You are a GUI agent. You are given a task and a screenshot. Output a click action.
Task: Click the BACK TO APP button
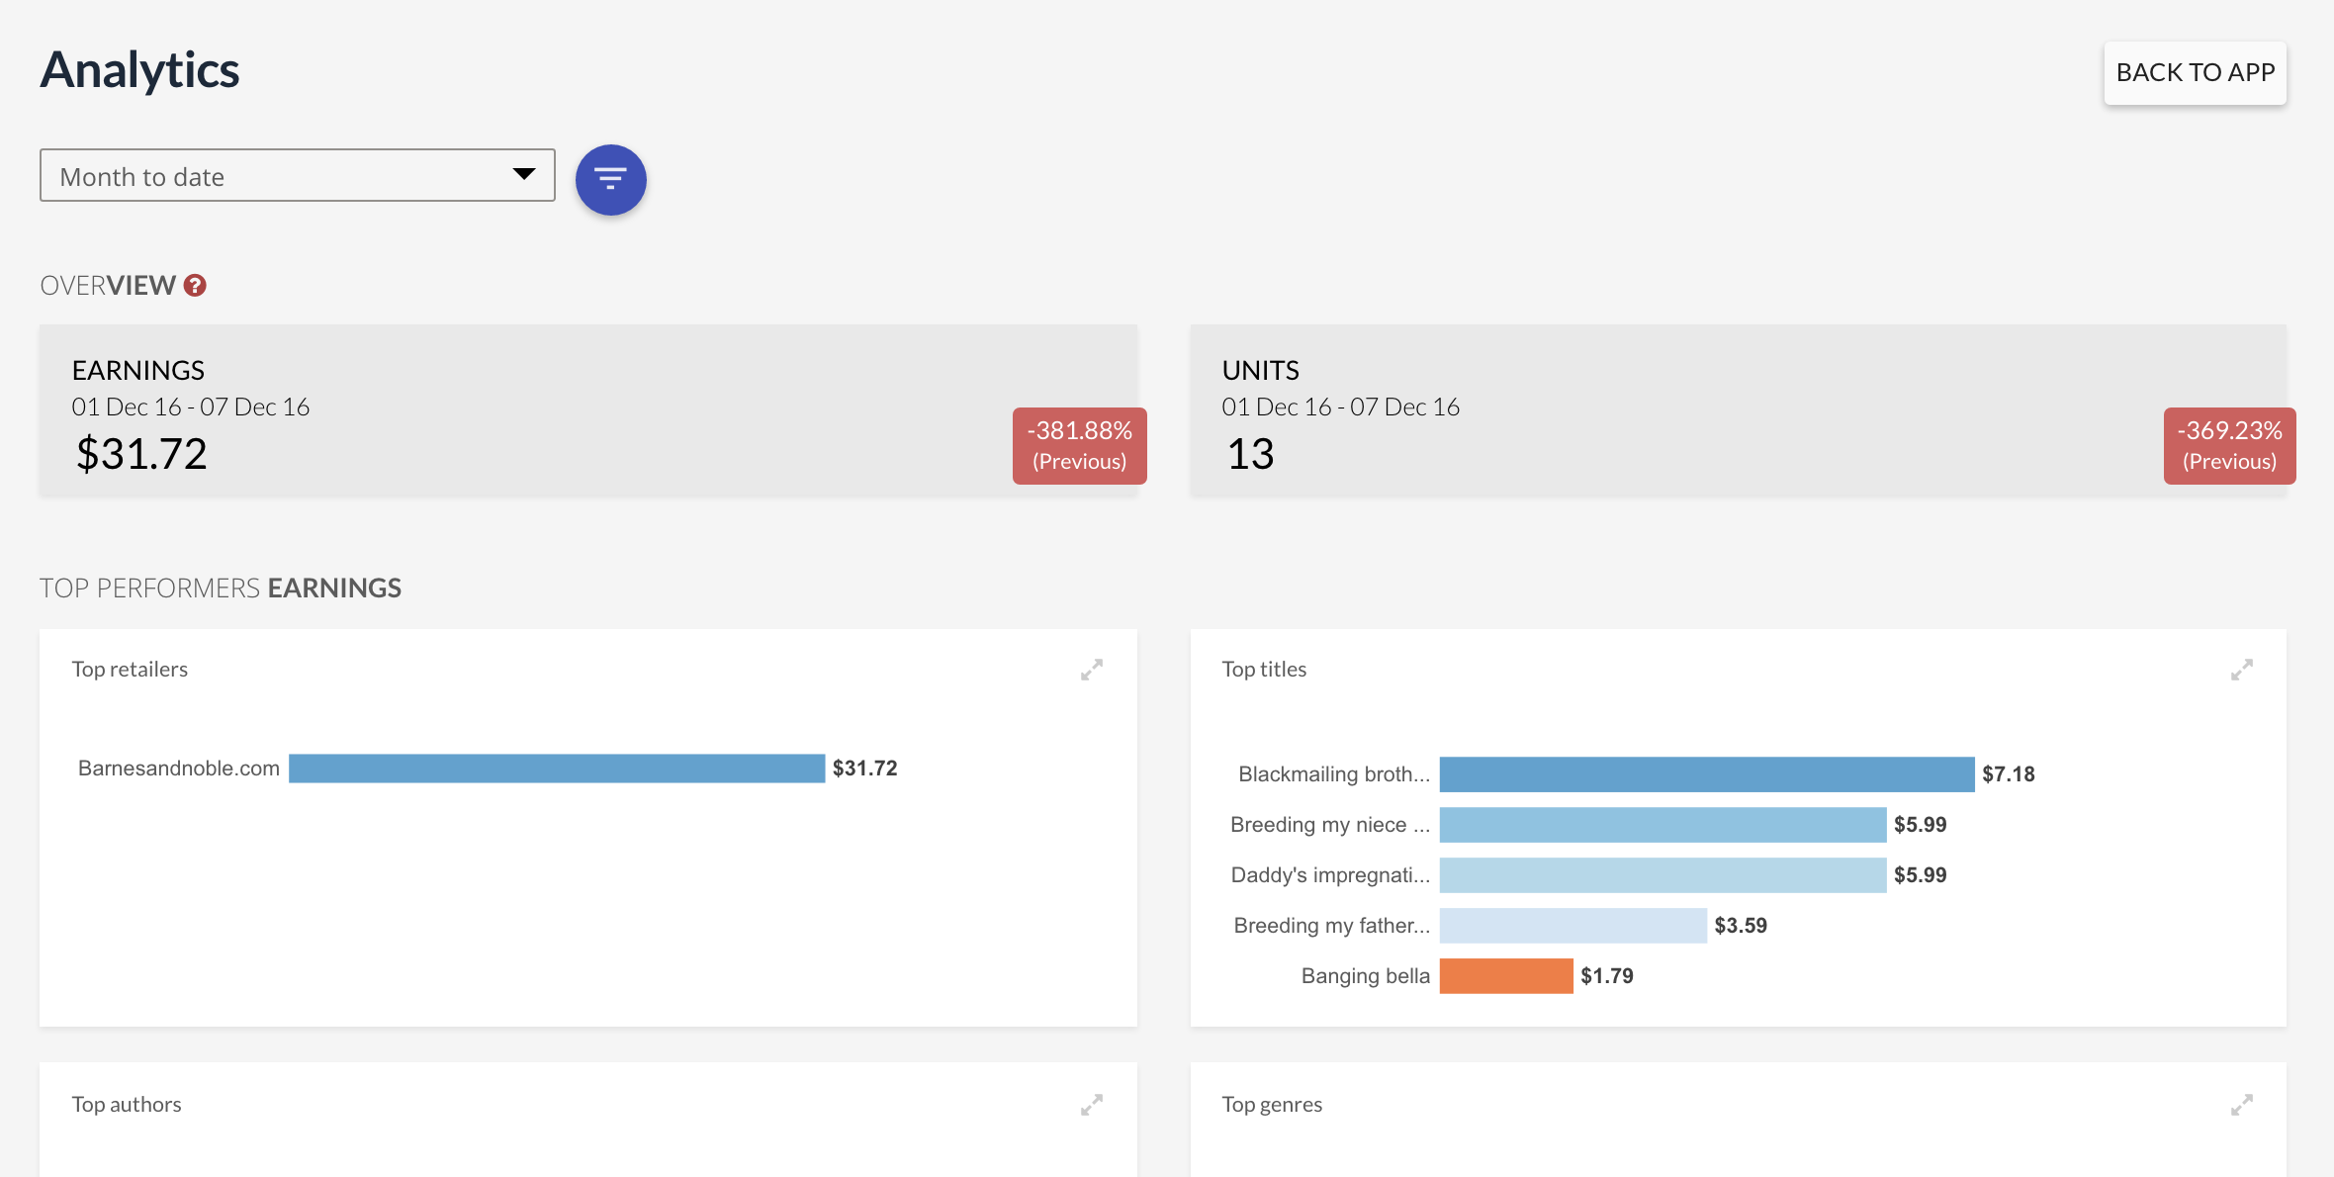2195,72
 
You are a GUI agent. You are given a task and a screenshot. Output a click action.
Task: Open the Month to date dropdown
297,175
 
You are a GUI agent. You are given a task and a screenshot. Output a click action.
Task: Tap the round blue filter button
611,179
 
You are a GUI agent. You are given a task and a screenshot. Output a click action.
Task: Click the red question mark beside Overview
195,285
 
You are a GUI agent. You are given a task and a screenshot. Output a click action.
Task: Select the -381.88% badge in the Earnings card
1080,445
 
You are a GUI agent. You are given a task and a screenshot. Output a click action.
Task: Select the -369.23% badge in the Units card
2230,445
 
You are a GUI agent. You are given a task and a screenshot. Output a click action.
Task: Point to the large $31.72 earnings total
141,454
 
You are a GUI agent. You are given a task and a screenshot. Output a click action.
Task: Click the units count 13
1250,454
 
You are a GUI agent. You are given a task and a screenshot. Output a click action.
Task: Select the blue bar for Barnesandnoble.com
557,769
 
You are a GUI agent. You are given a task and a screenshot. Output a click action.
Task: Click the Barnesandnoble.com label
179,769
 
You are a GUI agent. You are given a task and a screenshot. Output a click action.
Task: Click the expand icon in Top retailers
1092,670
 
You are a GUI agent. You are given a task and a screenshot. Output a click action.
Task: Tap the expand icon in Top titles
2242,670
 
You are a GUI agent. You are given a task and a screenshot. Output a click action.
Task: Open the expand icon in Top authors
1092,1105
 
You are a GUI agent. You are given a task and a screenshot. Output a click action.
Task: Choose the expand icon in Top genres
2242,1105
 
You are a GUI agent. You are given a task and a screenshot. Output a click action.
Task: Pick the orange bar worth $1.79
1506,975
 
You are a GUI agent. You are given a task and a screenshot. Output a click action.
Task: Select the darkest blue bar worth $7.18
1707,774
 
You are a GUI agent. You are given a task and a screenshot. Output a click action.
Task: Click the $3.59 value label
1741,926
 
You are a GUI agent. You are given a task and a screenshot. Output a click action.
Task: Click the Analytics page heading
139,70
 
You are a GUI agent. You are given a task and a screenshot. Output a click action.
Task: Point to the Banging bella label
1366,976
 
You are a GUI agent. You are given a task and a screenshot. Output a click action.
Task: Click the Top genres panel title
1272,1105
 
